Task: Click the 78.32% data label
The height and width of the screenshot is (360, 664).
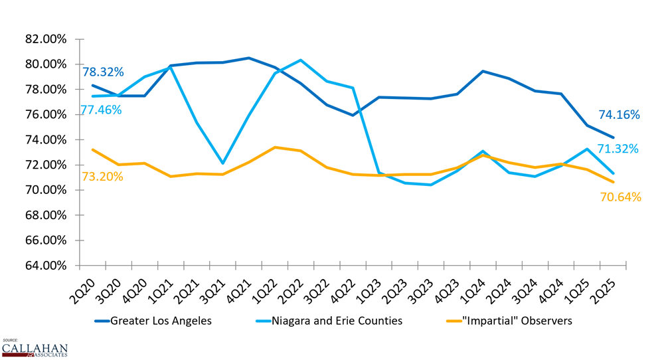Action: (x=103, y=72)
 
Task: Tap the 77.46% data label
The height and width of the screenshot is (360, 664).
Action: (x=101, y=110)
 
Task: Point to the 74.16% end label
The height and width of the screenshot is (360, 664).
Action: (x=619, y=115)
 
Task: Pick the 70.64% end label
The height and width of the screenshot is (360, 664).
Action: (x=620, y=197)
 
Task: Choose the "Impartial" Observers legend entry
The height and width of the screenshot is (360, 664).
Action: (x=509, y=321)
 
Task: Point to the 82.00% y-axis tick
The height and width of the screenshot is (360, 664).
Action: (x=45, y=39)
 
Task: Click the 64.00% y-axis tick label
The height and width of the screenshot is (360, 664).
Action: (x=45, y=266)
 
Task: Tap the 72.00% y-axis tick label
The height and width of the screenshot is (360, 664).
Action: (x=45, y=165)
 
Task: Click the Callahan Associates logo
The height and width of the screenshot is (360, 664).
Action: (x=34, y=349)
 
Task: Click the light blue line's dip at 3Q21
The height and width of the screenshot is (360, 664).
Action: (x=222, y=163)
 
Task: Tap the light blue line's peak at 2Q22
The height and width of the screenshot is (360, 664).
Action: (x=301, y=60)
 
